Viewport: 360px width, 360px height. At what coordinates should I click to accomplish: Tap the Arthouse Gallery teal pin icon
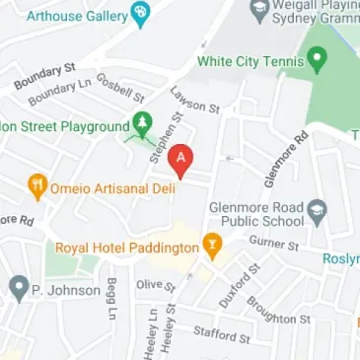pyautogui.click(x=140, y=14)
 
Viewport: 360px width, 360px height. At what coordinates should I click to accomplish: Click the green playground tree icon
pyautogui.click(x=141, y=125)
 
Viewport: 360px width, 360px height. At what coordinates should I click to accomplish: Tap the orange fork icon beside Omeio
pyautogui.click(x=37, y=184)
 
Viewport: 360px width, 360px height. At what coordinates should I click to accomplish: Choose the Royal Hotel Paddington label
pyautogui.click(x=126, y=249)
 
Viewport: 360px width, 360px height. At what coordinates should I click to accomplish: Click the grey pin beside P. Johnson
pyautogui.click(x=18, y=289)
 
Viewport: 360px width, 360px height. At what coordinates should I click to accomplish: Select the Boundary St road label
pyautogui.click(x=44, y=76)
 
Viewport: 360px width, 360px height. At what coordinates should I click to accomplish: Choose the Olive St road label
pyautogui.click(x=156, y=285)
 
